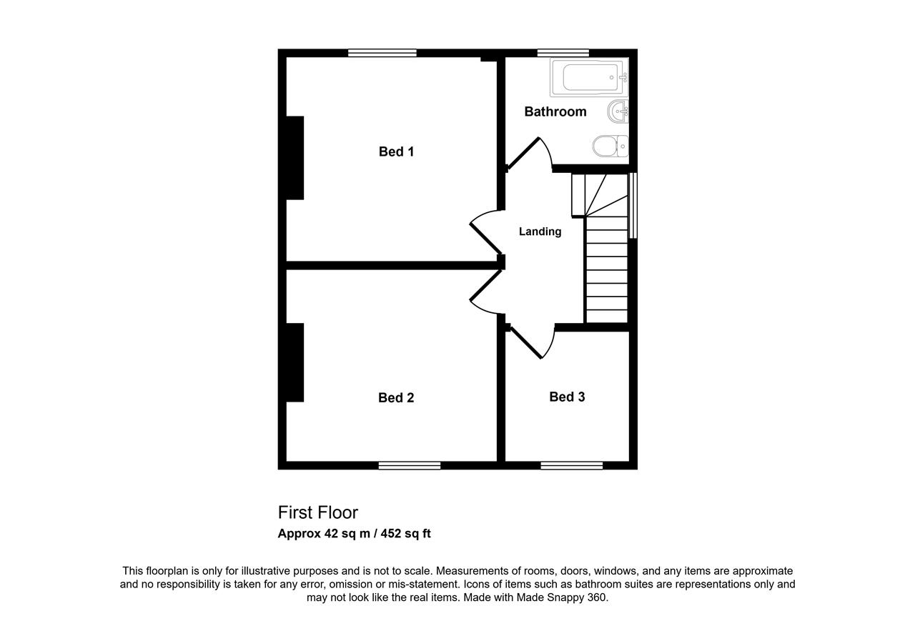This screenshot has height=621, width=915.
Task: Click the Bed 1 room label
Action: point(396,152)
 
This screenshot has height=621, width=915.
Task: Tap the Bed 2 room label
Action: point(396,397)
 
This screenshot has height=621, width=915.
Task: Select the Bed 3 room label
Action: point(567,397)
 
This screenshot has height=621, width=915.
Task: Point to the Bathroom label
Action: point(555,112)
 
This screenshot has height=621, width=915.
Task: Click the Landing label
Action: point(540,232)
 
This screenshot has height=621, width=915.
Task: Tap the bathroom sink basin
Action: point(618,111)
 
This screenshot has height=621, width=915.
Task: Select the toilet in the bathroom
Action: point(610,146)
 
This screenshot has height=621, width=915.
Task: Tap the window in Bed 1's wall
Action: point(382,53)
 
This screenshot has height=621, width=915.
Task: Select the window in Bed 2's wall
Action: point(410,465)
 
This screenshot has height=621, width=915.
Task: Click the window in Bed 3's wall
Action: point(571,465)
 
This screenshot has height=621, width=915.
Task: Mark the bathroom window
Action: point(563,53)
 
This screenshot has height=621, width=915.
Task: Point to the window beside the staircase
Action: point(633,205)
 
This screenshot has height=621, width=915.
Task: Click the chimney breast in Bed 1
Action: point(295,158)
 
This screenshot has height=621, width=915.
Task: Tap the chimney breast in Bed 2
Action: point(295,362)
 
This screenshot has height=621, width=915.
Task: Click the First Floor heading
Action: point(318,513)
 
